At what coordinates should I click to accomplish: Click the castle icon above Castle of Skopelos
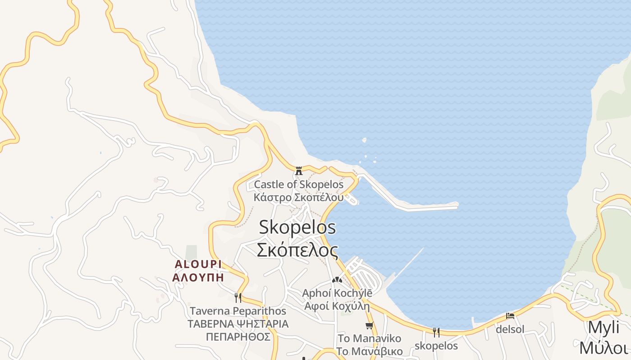pos(298,171)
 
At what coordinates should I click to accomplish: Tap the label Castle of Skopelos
pos(298,184)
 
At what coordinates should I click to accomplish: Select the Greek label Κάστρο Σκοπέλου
pos(298,197)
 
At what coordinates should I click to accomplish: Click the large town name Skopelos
pos(297,227)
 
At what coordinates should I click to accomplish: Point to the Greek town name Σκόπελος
pos(297,250)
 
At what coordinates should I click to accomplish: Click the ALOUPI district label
pos(198,264)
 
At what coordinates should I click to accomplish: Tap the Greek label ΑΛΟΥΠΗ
pos(198,277)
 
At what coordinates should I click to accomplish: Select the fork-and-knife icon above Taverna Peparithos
pos(238,297)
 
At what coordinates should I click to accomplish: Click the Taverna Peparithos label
pos(238,311)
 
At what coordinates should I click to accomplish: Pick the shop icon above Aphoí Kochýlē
pos(336,279)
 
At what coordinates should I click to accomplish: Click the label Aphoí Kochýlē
pos(337,293)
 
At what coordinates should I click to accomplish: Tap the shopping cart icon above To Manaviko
pos(370,325)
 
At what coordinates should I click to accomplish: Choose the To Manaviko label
pos(369,338)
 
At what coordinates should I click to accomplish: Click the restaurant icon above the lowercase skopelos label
pos(436,333)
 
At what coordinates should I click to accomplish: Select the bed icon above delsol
pos(510,316)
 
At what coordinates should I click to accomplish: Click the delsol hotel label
pos(510,329)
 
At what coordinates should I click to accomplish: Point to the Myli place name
pos(604,327)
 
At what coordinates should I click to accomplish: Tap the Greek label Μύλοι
pos(604,348)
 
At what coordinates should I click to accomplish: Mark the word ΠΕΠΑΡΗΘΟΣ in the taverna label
pos(238,337)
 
